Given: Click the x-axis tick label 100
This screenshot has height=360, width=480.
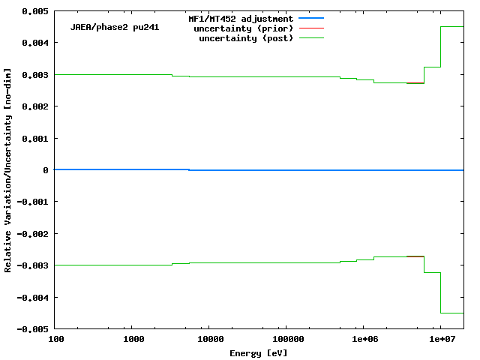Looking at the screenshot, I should tap(55, 340).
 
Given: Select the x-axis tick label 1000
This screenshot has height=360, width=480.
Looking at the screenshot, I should tap(133, 340).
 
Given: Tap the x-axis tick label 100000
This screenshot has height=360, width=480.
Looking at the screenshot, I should tap(286, 340).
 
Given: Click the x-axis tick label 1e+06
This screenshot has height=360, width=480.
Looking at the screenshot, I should tap(364, 340).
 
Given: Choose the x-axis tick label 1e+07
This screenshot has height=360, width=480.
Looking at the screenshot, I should tap(441, 340).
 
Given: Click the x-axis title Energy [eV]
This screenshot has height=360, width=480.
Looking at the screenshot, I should tap(259, 352).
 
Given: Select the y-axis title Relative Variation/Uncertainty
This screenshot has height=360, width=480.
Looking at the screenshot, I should tap(8, 170).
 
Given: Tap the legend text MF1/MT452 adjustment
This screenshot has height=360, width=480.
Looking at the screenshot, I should tap(241, 18).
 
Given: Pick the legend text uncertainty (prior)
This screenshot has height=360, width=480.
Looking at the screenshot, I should tap(244, 28).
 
